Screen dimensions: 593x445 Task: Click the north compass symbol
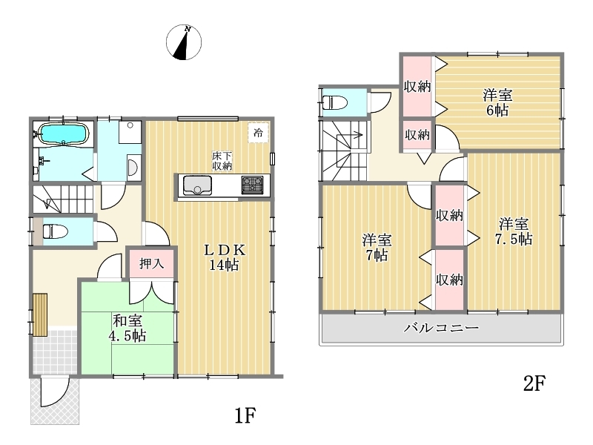click(x=184, y=42)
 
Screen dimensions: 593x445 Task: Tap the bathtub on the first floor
click(x=63, y=134)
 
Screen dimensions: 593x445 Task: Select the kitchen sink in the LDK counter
click(x=197, y=185)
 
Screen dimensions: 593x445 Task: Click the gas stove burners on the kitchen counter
click(x=252, y=185)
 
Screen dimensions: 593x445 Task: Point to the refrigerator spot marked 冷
click(x=258, y=133)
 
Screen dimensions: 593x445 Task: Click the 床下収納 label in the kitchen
click(x=222, y=161)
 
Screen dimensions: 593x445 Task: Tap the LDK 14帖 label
click(x=225, y=257)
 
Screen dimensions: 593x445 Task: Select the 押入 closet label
click(x=151, y=263)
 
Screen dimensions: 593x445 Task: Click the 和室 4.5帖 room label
click(x=128, y=328)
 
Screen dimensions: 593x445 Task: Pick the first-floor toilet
click(x=55, y=231)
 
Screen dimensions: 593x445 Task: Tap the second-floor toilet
click(x=335, y=102)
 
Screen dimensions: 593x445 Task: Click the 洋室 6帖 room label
click(x=497, y=102)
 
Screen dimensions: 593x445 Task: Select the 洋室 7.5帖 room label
click(x=514, y=231)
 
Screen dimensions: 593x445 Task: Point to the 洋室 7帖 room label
click(x=377, y=248)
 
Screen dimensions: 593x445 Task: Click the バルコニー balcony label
click(x=441, y=327)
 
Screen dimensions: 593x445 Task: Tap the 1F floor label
click(x=245, y=416)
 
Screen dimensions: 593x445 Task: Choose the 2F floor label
click(x=534, y=383)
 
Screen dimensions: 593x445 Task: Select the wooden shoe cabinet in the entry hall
click(x=40, y=314)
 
